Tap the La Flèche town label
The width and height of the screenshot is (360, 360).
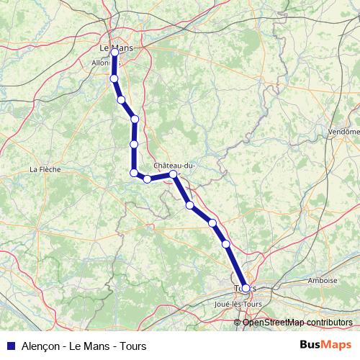click(x=44, y=170)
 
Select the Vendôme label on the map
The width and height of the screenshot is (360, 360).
click(x=343, y=132)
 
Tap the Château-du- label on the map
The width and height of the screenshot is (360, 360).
click(x=175, y=165)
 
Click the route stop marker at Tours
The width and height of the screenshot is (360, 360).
click(x=246, y=288)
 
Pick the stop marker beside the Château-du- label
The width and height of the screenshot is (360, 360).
click(x=174, y=174)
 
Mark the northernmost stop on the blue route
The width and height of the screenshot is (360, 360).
click(x=114, y=52)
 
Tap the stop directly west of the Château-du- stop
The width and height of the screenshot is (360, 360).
click(x=147, y=179)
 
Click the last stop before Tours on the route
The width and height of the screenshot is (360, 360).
click(x=226, y=244)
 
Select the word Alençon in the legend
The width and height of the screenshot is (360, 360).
click(x=36, y=346)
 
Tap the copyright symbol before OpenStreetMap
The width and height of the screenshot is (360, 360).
click(x=238, y=322)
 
